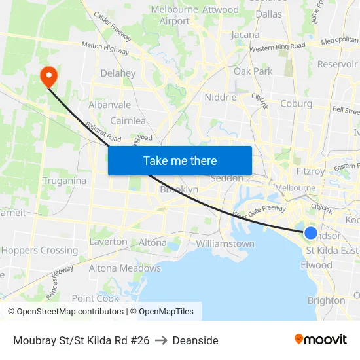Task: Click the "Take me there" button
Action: coord(180,160)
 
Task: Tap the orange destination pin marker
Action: coord(49,77)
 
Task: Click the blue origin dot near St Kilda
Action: coord(311,233)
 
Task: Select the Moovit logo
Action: coord(321,340)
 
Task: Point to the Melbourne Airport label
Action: coord(175,15)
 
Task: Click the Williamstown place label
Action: coord(225,243)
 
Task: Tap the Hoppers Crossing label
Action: coord(39,250)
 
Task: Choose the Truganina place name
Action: coord(64,181)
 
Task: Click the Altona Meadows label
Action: coord(124,268)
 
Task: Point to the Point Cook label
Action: coord(96,298)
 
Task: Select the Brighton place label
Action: coord(326,300)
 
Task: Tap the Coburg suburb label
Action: coord(296,103)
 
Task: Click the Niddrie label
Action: coord(220,97)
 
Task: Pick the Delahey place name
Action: coord(118,73)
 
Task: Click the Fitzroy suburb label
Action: coord(310,171)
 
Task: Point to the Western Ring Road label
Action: coord(278,47)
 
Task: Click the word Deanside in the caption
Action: coord(196,340)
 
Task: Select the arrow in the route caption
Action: coord(161,340)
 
